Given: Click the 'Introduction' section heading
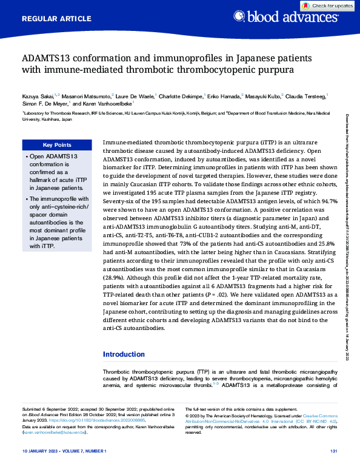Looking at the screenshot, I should (124, 354).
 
